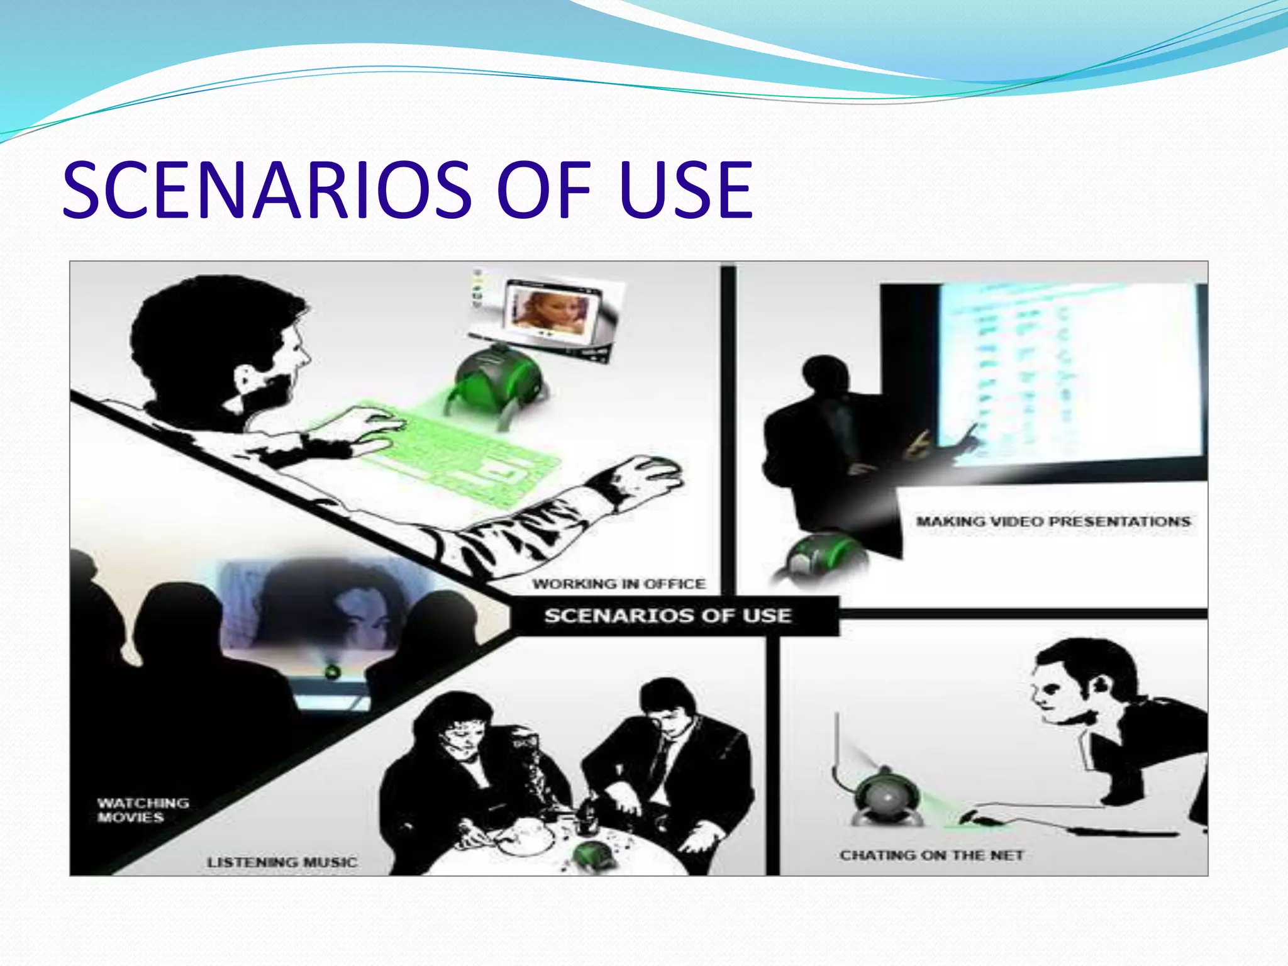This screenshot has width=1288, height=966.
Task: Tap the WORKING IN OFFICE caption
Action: point(619,584)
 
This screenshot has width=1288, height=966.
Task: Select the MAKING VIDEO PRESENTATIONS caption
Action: point(1053,521)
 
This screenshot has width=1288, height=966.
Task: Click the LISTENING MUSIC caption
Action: point(282,862)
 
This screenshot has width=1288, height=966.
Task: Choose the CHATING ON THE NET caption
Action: point(931,855)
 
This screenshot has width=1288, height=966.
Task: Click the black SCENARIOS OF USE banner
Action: point(668,615)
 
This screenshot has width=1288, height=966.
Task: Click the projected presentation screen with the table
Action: point(1069,377)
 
